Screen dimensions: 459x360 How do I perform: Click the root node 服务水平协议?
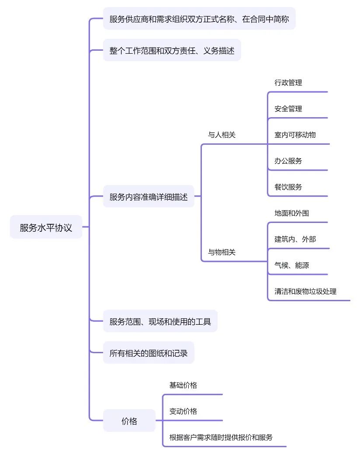coord(46,227)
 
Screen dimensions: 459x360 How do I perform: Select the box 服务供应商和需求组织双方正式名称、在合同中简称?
coord(199,19)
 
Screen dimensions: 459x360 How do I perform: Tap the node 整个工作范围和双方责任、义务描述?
coord(172,51)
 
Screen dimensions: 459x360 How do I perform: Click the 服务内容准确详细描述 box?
coord(149,197)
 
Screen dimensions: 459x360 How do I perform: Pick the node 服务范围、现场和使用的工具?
coord(160,322)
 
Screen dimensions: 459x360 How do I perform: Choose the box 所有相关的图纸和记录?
coord(149,353)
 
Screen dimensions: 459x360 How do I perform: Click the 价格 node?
coord(129,421)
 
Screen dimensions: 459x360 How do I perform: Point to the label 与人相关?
coord(222,135)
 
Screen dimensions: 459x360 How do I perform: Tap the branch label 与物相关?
coord(222,252)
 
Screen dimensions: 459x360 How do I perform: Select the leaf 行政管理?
coord(288,83)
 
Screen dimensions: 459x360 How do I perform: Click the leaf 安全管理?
coord(288,109)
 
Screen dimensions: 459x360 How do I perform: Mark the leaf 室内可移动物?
coord(295,135)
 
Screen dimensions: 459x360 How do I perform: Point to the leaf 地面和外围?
coord(292,213)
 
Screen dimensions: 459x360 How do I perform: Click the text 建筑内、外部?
coord(295,239)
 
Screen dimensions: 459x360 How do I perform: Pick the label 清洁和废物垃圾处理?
coord(305,291)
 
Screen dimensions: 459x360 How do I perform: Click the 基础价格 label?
coord(183,385)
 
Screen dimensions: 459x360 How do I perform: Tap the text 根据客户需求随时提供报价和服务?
coord(221,437)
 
